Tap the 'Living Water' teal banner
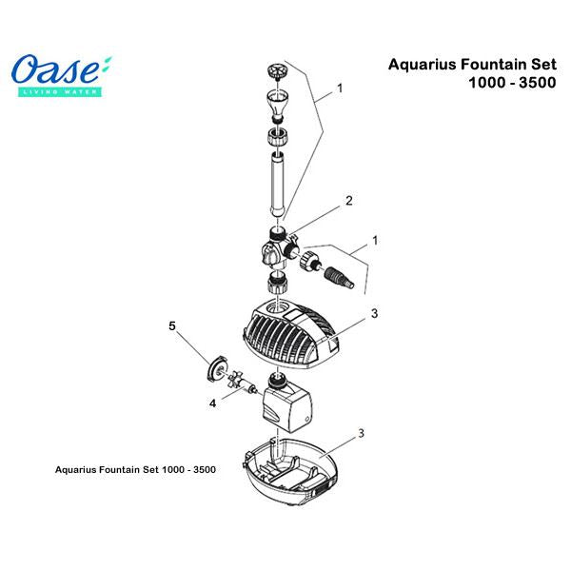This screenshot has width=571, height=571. [60, 91]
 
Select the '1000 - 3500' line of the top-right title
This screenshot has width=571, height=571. [512, 83]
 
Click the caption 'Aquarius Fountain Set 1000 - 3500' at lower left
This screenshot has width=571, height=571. [135, 469]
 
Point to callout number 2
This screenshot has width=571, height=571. [349, 201]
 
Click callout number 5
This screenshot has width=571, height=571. [172, 325]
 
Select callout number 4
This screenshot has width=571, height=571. [212, 404]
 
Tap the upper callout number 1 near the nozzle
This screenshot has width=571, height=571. [340, 89]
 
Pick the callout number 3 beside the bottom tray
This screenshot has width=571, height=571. [361, 433]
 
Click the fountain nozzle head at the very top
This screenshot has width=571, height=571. [278, 70]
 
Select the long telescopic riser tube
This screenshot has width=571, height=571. [277, 185]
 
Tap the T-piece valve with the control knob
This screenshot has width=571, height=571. [279, 248]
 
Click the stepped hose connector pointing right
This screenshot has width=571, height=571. [339, 278]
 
